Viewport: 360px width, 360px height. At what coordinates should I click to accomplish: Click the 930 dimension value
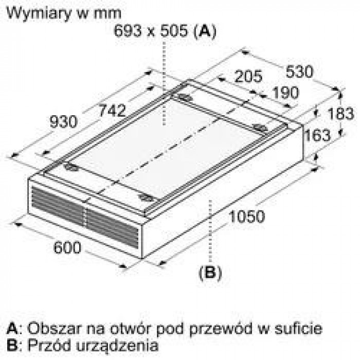(x=64, y=122)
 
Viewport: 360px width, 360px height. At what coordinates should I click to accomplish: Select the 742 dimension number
(x=112, y=110)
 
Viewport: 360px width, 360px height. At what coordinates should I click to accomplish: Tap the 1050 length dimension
(x=247, y=217)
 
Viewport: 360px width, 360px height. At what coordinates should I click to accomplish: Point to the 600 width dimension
(x=67, y=247)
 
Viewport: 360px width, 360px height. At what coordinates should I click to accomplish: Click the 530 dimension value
(x=299, y=71)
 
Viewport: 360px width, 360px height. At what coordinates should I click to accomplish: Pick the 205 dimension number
(x=248, y=76)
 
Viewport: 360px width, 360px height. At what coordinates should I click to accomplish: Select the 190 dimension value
(x=285, y=93)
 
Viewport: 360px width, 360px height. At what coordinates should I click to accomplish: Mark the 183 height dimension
(x=340, y=114)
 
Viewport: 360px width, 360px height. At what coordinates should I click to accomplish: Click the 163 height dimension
(x=317, y=135)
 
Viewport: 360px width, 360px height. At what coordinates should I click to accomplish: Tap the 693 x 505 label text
(x=151, y=30)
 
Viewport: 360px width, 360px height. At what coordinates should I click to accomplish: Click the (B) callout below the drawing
(x=210, y=273)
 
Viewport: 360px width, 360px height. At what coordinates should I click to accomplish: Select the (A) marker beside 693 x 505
(x=205, y=31)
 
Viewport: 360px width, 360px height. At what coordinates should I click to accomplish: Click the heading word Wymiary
(x=39, y=14)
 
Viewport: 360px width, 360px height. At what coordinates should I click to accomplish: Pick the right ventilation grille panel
(x=113, y=229)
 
